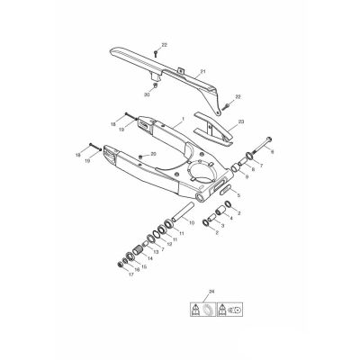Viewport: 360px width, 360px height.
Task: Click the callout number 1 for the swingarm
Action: point(183,119)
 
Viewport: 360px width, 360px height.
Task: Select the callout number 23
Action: point(241,121)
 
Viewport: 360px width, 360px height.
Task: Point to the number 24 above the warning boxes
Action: point(211,292)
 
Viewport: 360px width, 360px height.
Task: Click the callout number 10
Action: point(192,222)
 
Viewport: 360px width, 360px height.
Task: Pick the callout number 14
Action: point(149,258)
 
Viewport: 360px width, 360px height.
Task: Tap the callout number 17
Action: point(131,274)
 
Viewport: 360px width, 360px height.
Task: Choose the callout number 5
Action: point(238,195)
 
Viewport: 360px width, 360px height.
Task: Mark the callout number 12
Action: point(169,244)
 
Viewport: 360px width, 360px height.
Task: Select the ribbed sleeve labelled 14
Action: point(138,249)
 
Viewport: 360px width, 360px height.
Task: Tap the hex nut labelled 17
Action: point(120,265)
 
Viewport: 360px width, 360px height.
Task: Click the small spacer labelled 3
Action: point(211,216)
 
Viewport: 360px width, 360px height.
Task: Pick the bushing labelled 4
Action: point(221,211)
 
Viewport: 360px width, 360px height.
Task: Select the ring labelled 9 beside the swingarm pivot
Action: point(235,168)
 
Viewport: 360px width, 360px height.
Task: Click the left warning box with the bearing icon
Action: point(202,309)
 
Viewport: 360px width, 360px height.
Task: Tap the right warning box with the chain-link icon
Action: point(229,309)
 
